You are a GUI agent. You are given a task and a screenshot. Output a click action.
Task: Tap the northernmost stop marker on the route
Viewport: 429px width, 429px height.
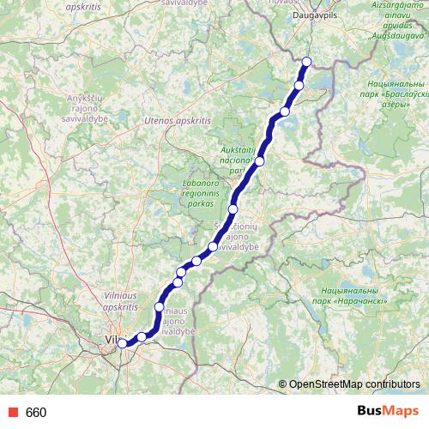307,61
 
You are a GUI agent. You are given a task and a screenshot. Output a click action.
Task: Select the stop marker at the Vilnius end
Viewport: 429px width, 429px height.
122,343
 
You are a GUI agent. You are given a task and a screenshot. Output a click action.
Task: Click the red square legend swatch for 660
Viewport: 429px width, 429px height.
10,413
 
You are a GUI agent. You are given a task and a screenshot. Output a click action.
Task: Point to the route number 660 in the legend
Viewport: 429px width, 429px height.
36,413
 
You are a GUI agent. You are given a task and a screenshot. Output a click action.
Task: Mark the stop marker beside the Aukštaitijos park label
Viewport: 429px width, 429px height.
259,161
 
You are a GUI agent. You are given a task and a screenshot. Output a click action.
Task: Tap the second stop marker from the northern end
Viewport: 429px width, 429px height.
299,85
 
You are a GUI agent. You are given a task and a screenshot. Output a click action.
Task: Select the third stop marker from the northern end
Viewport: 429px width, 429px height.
284,112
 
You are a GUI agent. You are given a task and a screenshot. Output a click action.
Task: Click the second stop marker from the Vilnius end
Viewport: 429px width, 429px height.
142,337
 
